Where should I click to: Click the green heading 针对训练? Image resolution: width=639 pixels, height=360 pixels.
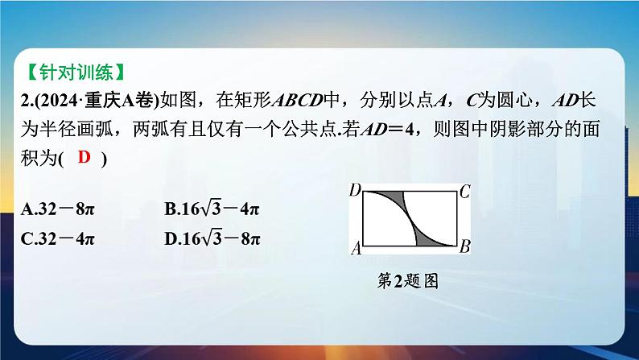76,72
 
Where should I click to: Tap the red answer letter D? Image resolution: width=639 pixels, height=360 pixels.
84,157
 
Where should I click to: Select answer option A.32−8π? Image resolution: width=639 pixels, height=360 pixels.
57,209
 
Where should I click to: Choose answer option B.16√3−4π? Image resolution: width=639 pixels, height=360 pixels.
212,209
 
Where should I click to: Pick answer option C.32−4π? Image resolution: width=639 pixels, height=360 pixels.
57,239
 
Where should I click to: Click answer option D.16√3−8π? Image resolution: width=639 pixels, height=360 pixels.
212,238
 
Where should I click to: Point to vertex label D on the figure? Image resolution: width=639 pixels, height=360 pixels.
356,190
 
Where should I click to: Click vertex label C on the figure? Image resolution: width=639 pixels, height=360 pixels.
464,192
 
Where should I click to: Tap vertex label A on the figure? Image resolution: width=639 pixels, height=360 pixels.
357,247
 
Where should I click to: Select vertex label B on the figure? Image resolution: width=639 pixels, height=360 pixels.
464,246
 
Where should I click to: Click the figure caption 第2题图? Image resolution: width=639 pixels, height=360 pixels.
407,281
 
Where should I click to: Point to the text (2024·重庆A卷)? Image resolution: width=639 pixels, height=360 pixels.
97,101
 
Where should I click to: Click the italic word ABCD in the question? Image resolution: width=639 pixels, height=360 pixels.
298,101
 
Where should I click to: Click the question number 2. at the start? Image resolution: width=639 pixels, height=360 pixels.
27,101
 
